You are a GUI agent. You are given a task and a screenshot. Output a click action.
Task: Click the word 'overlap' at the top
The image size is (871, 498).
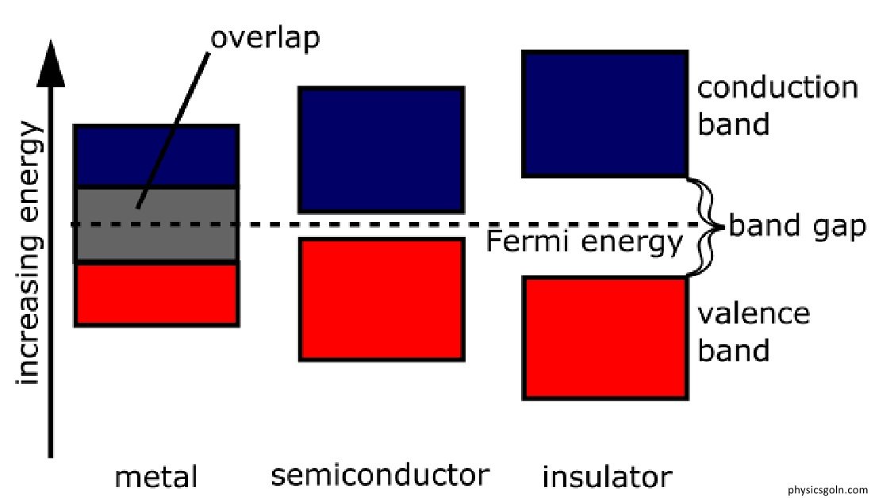point(265,37)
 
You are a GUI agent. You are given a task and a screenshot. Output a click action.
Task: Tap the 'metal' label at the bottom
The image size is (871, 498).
point(155,477)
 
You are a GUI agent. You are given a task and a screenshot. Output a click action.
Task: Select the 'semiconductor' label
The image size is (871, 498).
point(380,475)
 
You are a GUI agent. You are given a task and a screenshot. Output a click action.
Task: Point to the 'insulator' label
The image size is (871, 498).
point(607,477)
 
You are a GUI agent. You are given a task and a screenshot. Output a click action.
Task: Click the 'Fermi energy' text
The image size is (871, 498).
point(584,241)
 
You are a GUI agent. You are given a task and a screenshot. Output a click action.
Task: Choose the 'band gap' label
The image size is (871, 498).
point(796,227)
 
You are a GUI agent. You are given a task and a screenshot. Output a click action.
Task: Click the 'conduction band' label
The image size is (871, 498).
point(777,105)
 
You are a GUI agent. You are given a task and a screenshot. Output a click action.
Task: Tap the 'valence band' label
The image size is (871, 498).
point(754,331)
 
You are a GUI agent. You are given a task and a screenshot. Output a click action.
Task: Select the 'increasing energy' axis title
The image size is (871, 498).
point(29,253)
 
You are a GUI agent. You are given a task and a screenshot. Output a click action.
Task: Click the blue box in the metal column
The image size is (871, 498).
point(156,155)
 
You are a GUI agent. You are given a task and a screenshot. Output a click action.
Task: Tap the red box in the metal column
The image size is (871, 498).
point(156,294)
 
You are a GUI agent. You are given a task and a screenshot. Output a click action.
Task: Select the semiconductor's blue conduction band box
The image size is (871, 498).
point(381,149)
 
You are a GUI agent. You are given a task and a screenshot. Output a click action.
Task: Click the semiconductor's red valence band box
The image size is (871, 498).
point(381,299)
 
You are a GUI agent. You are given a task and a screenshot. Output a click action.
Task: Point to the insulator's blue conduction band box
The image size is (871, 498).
point(604,113)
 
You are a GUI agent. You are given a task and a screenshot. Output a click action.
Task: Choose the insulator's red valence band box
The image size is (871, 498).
point(604,337)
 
